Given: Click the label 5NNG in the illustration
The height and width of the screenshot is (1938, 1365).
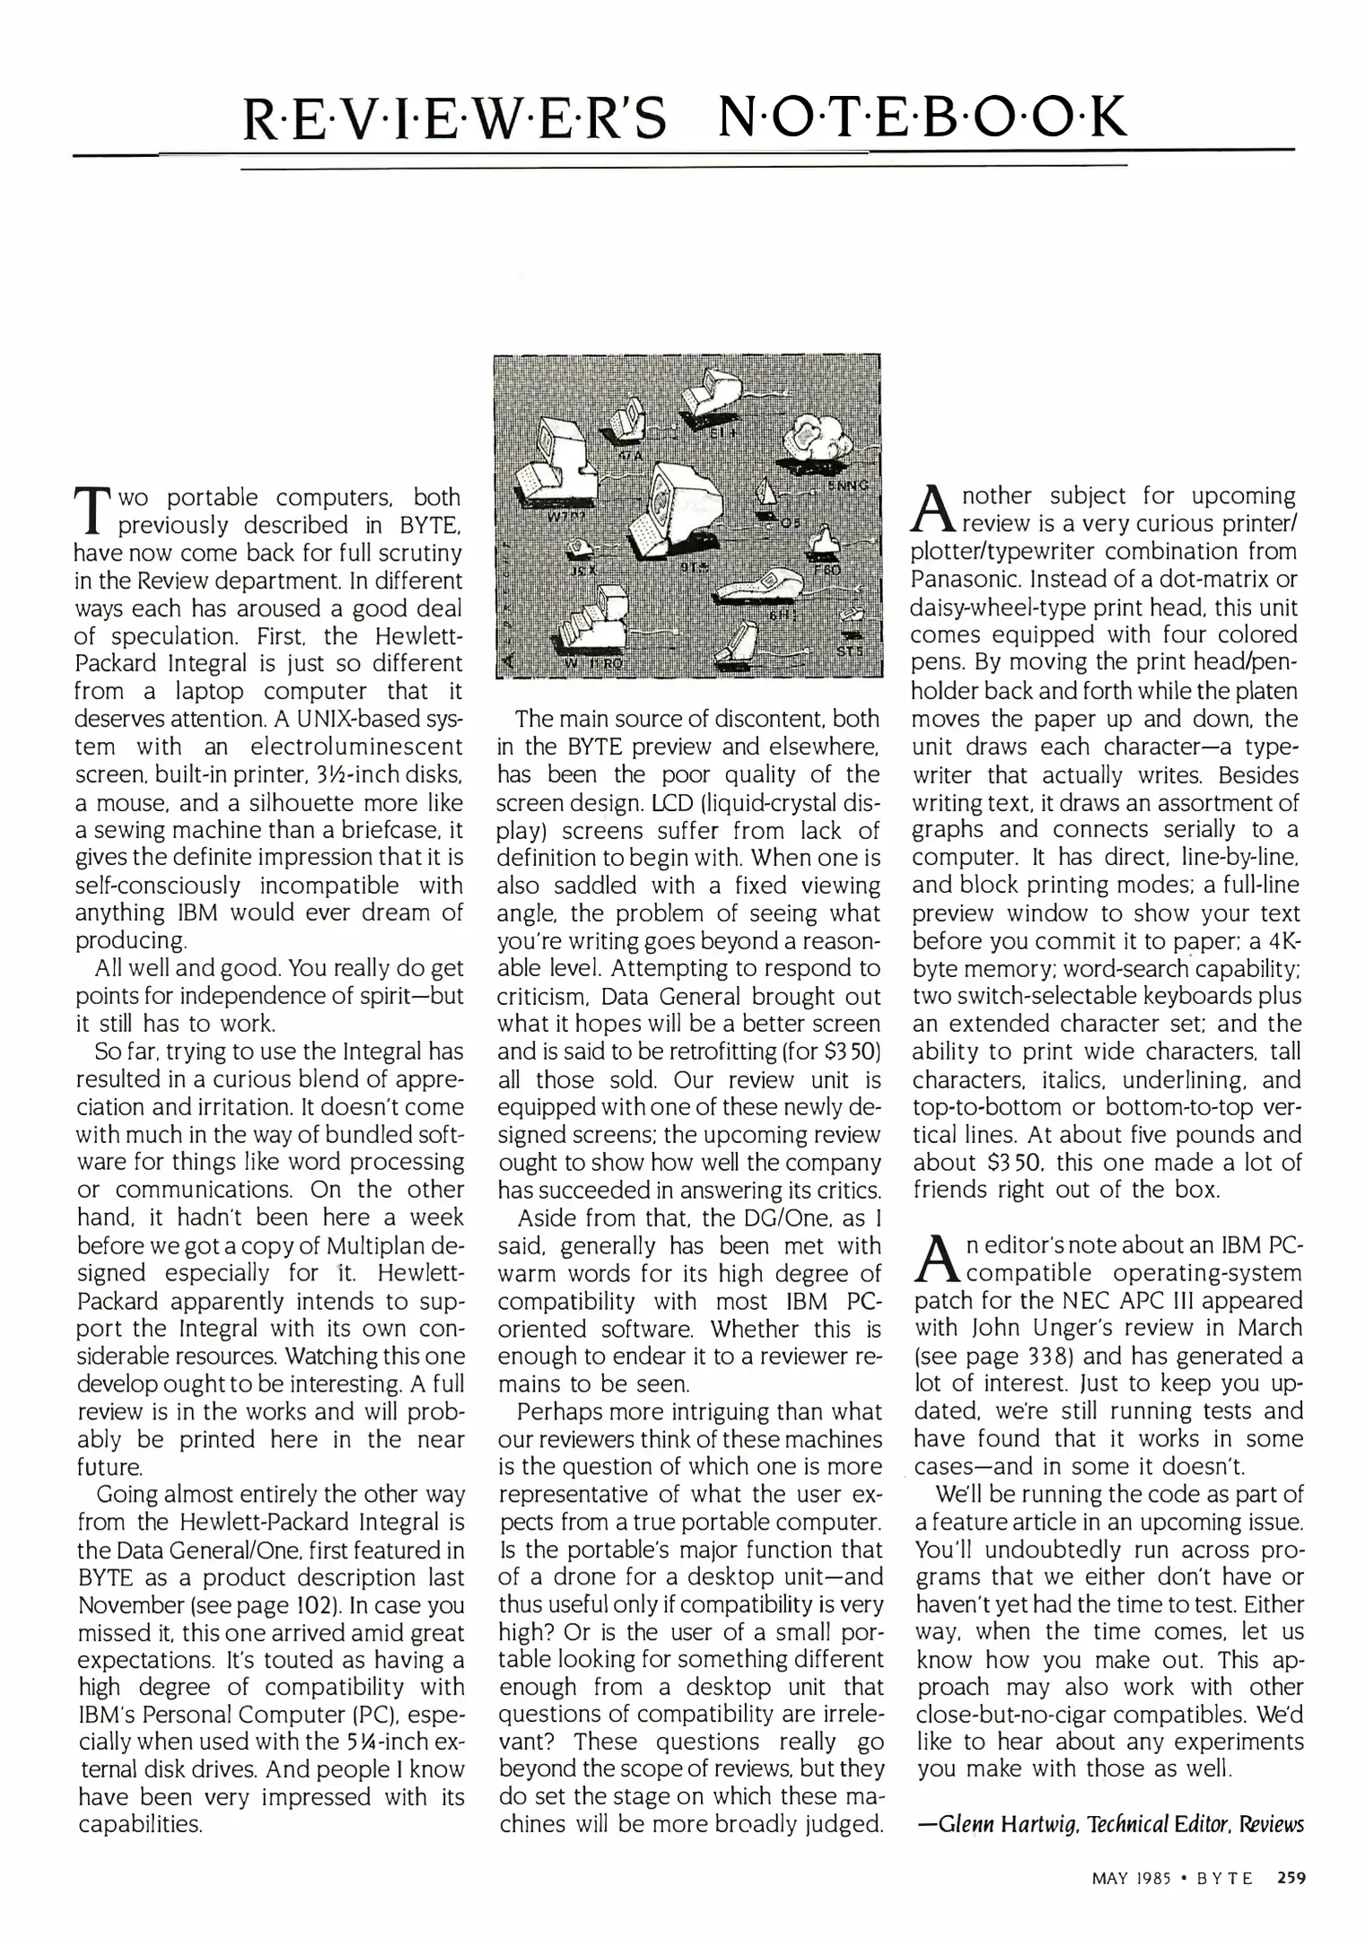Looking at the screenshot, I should [x=848, y=485].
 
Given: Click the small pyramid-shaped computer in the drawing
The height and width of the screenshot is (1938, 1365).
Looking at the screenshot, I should [x=766, y=495].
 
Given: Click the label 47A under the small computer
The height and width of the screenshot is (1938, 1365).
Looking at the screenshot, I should [x=634, y=455].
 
